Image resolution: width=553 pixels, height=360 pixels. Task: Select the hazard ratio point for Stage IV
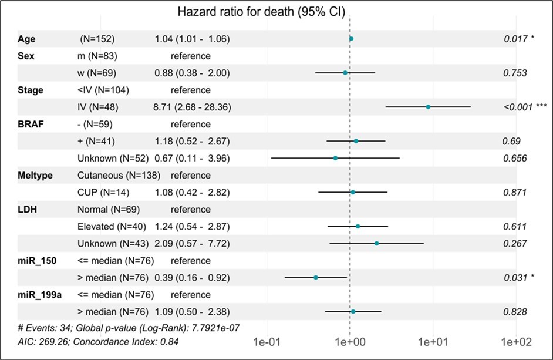click(x=428, y=107)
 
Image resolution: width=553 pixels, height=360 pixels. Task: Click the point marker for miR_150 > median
click(x=316, y=277)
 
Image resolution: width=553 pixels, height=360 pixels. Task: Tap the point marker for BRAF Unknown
click(x=335, y=158)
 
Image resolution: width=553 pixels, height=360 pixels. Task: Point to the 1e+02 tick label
click(x=515, y=340)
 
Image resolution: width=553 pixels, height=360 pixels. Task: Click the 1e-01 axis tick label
click(x=267, y=340)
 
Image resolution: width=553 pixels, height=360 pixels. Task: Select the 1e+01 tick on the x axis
click(x=433, y=340)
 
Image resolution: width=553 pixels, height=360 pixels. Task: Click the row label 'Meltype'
click(x=35, y=175)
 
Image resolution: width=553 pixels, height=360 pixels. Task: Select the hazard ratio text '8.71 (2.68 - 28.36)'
click(x=191, y=107)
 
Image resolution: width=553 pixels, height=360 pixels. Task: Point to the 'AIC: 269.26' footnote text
click(x=44, y=341)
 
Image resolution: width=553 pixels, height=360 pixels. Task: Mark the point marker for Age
click(x=351, y=39)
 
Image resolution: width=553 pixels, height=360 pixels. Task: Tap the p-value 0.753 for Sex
click(x=514, y=73)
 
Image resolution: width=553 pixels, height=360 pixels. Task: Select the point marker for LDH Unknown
click(x=376, y=243)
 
